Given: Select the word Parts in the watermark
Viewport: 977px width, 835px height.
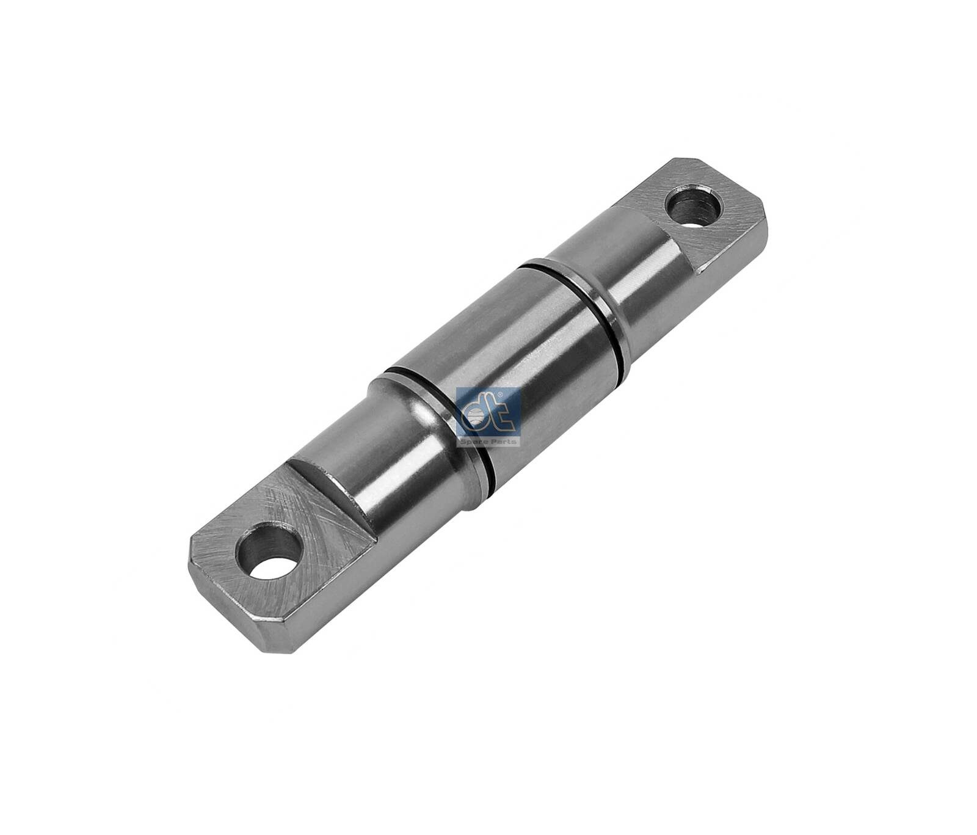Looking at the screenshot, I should pyautogui.click(x=505, y=441).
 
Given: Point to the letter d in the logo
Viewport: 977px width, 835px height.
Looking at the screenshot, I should pyautogui.click(x=476, y=415).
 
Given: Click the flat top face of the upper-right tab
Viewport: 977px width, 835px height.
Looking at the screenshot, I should pyautogui.click(x=721, y=189).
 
